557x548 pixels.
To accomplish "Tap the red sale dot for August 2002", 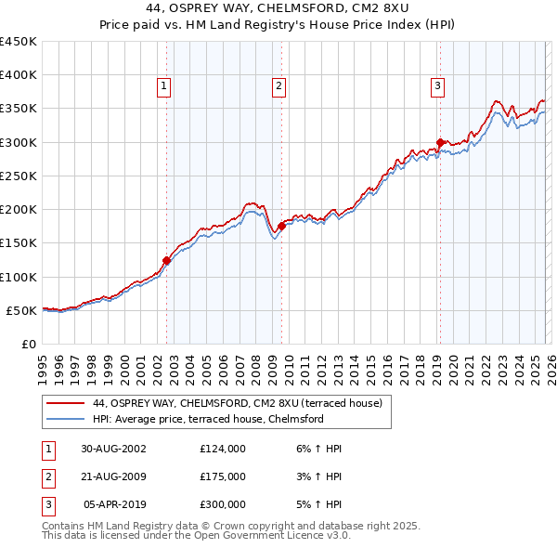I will coord(167,261).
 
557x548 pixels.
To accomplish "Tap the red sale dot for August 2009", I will coord(281,226).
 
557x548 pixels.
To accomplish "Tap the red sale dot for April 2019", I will coord(439,142).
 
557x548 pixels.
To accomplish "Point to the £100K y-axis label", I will coord(19,277).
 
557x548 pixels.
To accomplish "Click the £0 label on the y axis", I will coord(28,344).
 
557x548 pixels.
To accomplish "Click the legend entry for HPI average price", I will coord(207,419).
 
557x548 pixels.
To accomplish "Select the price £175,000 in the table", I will coord(223,476).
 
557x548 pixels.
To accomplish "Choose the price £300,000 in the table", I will coord(223,505).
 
